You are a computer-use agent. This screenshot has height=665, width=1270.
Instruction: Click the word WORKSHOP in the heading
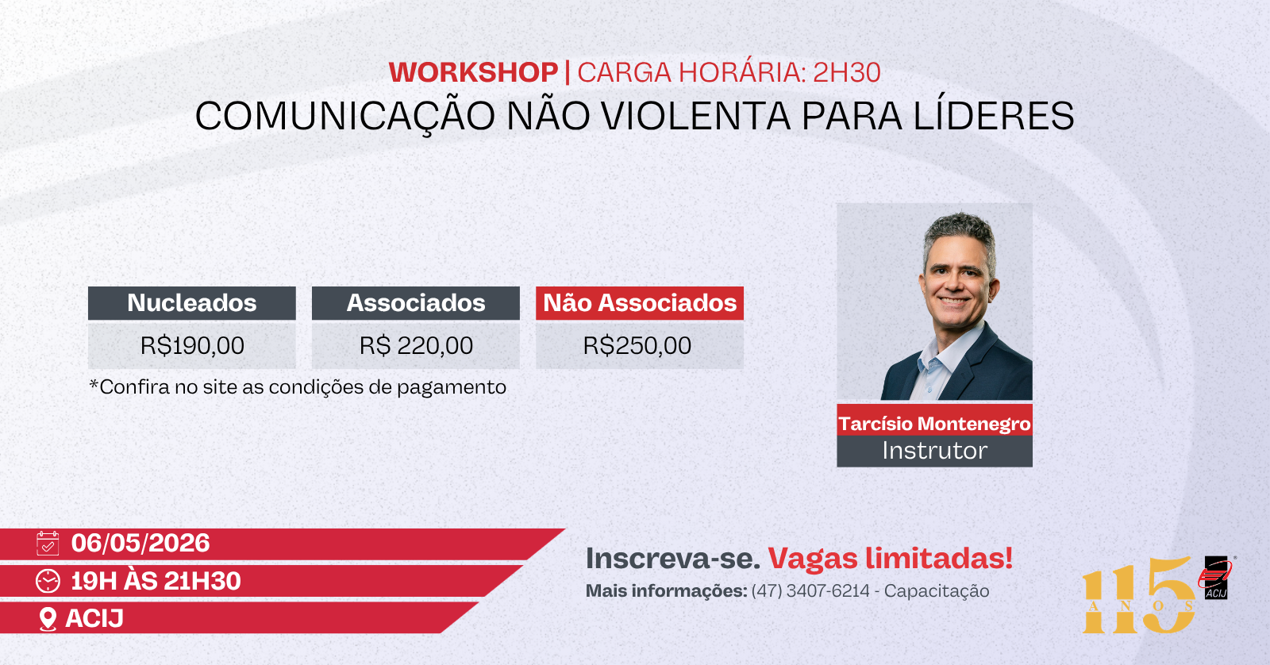pos(473,72)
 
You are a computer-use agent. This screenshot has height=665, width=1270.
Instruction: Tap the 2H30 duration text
pos(846,72)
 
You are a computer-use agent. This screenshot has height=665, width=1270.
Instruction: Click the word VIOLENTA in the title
pos(695,116)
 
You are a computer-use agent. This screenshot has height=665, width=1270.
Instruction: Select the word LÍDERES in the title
pos(993,115)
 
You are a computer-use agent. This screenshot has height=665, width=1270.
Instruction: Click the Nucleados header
pos(191,302)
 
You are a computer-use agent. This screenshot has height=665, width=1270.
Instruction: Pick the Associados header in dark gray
pos(416,302)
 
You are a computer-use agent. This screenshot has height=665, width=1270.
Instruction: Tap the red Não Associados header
pos(640,302)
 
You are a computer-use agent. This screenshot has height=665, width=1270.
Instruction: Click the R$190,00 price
pos(192,345)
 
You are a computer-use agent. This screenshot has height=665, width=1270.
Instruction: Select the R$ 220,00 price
pos(416,345)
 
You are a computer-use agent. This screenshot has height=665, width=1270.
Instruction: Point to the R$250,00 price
pos(637,345)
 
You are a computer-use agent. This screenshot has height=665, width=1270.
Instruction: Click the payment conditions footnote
pos(298,387)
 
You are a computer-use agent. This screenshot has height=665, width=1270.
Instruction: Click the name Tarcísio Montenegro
pos(934,424)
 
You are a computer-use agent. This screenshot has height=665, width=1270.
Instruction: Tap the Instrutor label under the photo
pos(934,451)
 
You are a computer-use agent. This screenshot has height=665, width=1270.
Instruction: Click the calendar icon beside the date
pos(48,543)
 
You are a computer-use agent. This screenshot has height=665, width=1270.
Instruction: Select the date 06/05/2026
pos(140,543)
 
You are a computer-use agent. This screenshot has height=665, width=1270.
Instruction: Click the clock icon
pos(48,581)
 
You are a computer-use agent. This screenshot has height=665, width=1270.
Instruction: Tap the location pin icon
pos(48,619)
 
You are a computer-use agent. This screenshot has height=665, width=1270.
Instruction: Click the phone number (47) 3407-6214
pos(810,590)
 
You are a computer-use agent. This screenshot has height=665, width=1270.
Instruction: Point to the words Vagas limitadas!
pos(890,559)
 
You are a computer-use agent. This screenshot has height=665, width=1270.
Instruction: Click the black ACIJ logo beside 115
pos(1215,578)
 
